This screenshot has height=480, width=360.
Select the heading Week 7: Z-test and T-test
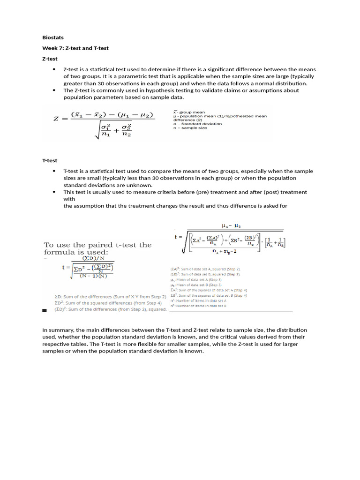[75, 48]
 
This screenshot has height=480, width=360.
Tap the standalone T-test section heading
[50, 160]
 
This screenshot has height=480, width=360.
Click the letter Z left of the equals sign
[56, 119]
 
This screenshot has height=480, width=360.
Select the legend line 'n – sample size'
[190, 127]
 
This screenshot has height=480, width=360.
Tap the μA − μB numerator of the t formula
[227, 225]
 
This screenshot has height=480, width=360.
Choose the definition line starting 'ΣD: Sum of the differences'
[110, 297]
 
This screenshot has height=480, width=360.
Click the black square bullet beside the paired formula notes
[45, 310]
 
